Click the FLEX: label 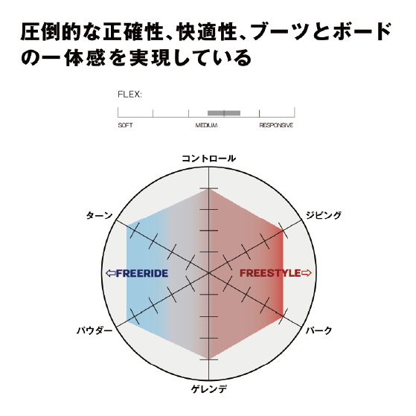tap(129, 95)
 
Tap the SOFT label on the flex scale tap(125, 125)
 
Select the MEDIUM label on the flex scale tap(206, 125)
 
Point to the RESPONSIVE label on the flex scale tap(276, 125)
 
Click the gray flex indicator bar tap(224, 113)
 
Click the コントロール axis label tap(209, 159)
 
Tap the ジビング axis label tap(324, 215)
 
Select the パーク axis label tap(319, 330)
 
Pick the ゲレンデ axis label tap(209, 389)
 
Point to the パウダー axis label tap(95, 330)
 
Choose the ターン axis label tap(99, 215)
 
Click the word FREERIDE tap(142, 273)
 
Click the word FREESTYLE tap(270, 273)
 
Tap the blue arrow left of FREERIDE tap(111, 273)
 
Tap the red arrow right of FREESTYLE tap(306, 273)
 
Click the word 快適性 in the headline tap(207, 32)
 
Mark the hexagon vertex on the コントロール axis tap(209, 188)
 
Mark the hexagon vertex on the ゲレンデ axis tap(209, 359)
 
